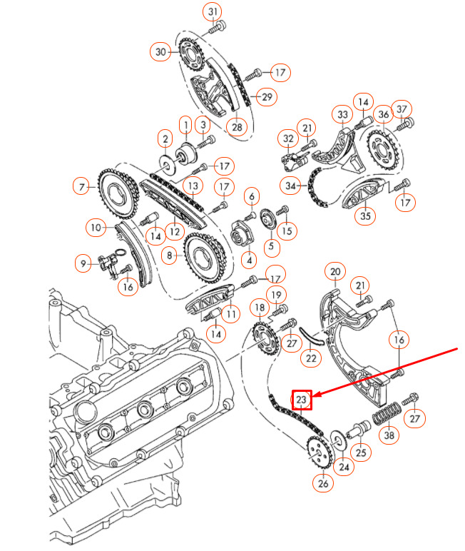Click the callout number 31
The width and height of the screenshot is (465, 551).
pyautogui.click(x=214, y=11)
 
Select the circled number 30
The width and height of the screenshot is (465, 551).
pyautogui.click(x=160, y=51)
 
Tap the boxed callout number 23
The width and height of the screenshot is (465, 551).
pyautogui.click(x=302, y=400)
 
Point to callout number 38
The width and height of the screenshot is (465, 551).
pyautogui.click(x=388, y=435)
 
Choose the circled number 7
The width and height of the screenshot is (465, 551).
pyautogui.click(x=83, y=188)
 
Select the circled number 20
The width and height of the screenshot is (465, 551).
pyautogui.click(x=334, y=271)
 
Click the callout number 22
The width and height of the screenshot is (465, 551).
pyautogui.click(x=310, y=358)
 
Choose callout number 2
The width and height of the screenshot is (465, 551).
pyautogui.click(x=165, y=138)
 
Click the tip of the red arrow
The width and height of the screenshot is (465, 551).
pyautogui.click(x=314, y=395)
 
